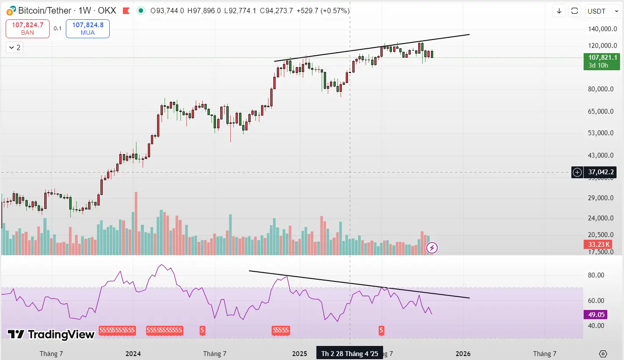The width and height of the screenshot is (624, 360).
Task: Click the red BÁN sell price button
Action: click(x=28, y=29)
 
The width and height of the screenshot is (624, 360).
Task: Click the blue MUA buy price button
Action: click(x=88, y=29)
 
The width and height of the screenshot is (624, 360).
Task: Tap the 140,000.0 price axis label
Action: click(x=602, y=29)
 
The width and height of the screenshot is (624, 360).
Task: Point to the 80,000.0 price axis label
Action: click(x=602, y=89)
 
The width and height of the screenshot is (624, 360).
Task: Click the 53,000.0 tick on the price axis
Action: click(x=602, y=133)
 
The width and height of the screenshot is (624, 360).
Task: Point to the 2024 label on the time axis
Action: click(x=133, y=353)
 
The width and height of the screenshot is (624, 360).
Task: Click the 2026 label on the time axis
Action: click(x=463, y=353)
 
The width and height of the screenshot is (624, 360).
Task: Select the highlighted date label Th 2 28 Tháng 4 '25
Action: click(x=349, y=353)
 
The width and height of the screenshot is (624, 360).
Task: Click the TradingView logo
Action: click(x=51, y=335)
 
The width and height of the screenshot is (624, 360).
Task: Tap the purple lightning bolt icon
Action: click(x=432, y=248)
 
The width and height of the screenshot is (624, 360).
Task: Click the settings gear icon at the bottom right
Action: click(x=603, y=354)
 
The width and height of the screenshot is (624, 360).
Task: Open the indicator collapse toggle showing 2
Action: click(x=14, y=47)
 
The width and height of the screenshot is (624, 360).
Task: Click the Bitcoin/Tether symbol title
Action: click(x=61, y=11)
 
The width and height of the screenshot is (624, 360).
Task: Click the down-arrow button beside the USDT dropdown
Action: click(x=559, y=11)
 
